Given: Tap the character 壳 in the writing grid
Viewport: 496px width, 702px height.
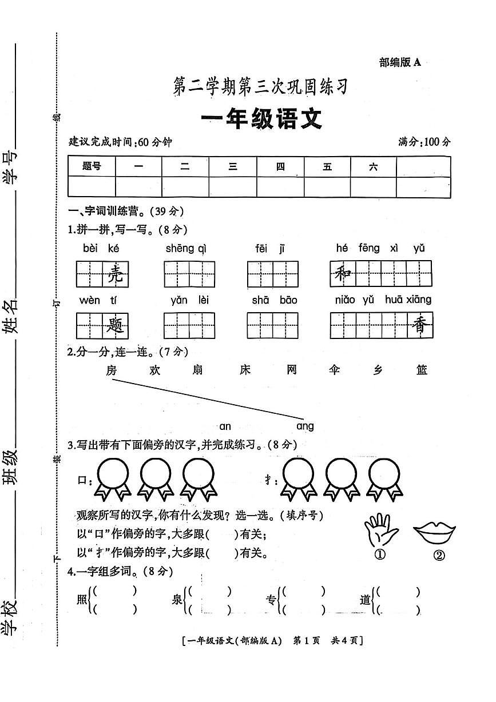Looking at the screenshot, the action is pos(115,275).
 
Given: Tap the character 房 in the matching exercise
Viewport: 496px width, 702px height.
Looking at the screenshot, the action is pos(112,370).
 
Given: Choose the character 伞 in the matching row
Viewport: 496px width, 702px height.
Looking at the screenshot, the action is pos(335,370).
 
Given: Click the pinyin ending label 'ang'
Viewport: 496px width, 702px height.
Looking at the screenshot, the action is pos(305,426).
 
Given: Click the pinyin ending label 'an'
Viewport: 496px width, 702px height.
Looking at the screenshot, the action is pos(225,426).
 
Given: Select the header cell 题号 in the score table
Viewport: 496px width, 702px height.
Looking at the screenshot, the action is pos(92,166).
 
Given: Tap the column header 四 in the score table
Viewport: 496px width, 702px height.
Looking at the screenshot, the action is pos(280,166).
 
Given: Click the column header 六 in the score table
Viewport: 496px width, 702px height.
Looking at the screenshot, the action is pos(373,166).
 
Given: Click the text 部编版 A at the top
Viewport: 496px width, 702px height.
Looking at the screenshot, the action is pos(400,62).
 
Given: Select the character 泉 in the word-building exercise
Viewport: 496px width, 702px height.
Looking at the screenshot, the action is pos(176,600).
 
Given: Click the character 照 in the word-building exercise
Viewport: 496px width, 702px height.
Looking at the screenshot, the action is pos(81,600).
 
